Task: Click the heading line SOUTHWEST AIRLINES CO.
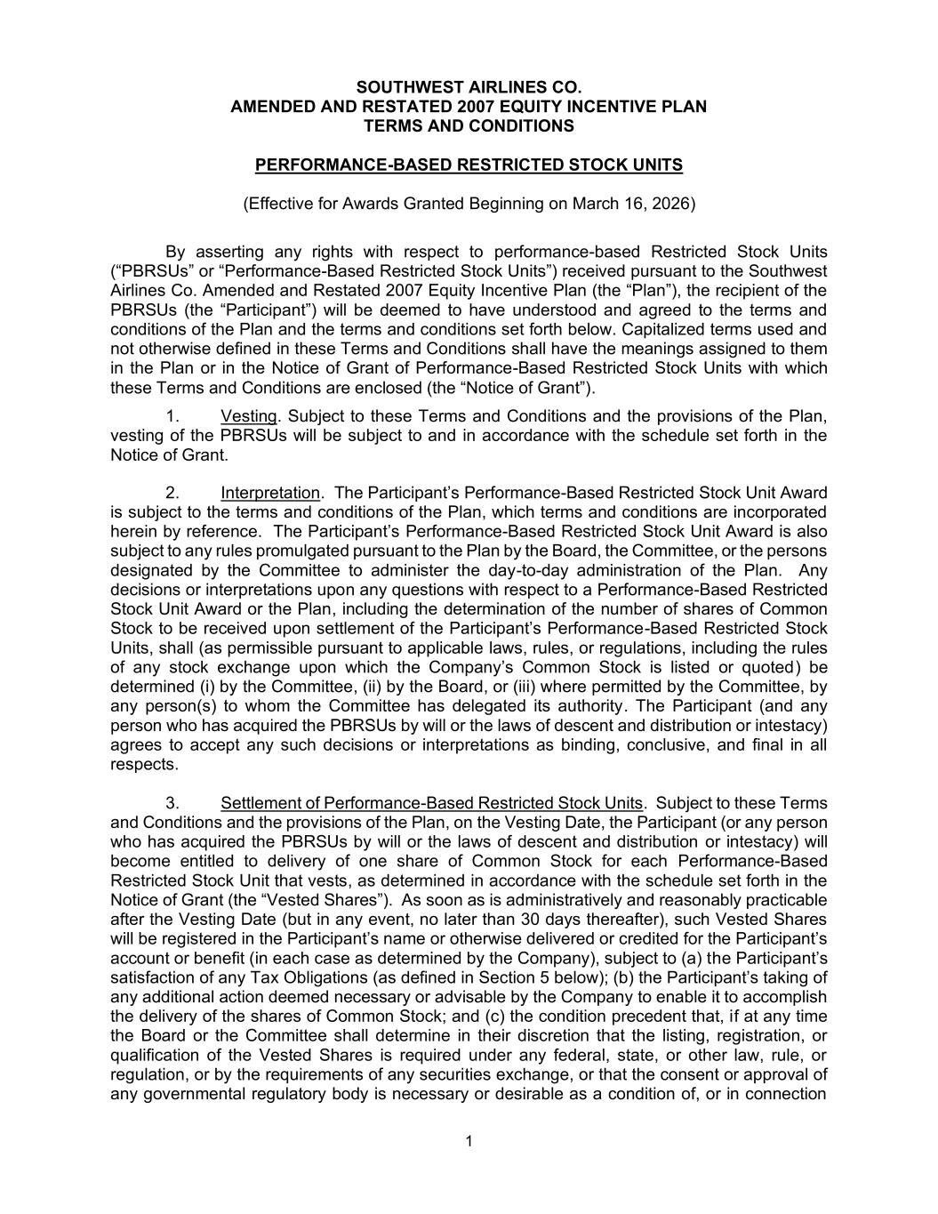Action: pyautogui.click(x=469, y=87)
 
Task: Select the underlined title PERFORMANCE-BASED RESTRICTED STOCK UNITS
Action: pyautogui.click(x=469, y=165)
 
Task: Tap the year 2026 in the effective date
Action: pyautogui.click(x=673, y=204)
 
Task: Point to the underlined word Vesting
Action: pyautogui.click(x=249, y=416)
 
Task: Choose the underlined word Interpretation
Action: pyautogui.click(x=269, y=493)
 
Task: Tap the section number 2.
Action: pyautogui.click(x=173, y=493)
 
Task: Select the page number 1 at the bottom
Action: pyautogui.click(x=469, y=1141)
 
